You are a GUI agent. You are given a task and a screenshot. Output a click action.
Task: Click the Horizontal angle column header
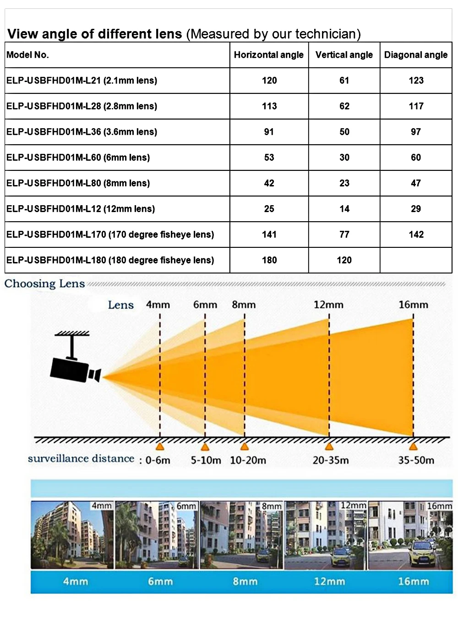point(269,55)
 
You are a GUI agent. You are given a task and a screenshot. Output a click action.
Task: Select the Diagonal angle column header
point(416,55)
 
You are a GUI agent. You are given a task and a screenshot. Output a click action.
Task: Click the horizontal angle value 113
point(269,106)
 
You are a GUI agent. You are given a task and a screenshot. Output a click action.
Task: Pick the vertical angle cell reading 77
point(344,235)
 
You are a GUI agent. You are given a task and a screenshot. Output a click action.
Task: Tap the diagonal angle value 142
point(416,235)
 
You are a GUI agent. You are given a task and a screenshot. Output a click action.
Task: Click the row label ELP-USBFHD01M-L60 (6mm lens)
point(78,158)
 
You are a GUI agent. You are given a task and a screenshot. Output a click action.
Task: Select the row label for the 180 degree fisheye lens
point(110,260)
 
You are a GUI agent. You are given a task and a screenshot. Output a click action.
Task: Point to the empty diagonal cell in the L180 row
point(416,260)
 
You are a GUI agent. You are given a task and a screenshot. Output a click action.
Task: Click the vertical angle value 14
point(344,209)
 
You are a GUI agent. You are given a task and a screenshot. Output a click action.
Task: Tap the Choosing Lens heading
point(44,284)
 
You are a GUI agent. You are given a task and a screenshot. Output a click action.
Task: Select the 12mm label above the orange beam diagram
point(328,305)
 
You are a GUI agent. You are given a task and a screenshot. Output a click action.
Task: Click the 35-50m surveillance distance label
point(416,460)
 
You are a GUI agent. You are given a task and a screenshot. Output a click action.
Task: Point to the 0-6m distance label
point(158,460)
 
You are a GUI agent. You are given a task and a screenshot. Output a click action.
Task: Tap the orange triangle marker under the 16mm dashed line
point(413,447)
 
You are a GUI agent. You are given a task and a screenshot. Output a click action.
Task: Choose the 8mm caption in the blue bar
point(245,581)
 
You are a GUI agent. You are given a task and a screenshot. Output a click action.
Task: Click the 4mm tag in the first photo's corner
point(102,506)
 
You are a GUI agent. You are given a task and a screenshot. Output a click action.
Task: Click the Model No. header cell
point(27,55)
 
